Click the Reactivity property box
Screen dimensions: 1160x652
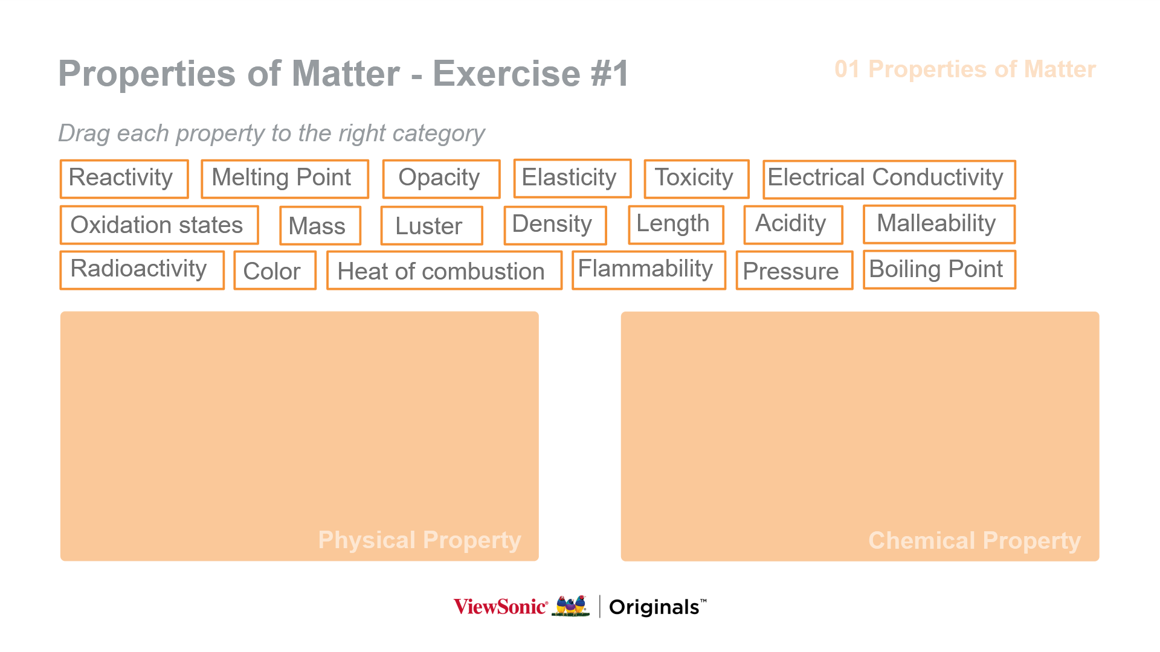click(x=124, y=179)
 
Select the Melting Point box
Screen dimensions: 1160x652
click(x=285, y=179)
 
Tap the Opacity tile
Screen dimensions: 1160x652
click(x=441, y=179)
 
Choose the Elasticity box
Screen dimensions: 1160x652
click(x=572, y=178)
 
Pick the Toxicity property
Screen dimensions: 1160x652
click(x=697, y=179)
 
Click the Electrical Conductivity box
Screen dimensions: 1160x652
click(x=889, y=179)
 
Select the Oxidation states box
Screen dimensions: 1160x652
click(x=159, y=225)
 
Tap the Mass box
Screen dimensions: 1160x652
click(x=320, y=225)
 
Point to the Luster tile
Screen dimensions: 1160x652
click(x=431, y=225)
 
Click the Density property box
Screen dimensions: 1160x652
click(x=555, y=225)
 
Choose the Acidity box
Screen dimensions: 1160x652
click(x=793, y=225)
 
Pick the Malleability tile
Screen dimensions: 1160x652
click(x=939, y=224)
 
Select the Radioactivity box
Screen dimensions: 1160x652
click(x=142, y=270)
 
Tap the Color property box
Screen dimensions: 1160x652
click(x=275, y=270)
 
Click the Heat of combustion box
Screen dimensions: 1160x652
click(x=444, y=270)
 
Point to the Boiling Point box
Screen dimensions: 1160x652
click(x=939, y=269)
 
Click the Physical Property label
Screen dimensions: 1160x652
click(x=419, y=540)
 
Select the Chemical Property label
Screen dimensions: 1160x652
click(x=975, y=541)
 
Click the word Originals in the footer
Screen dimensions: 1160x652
click(x=654, y=607)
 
